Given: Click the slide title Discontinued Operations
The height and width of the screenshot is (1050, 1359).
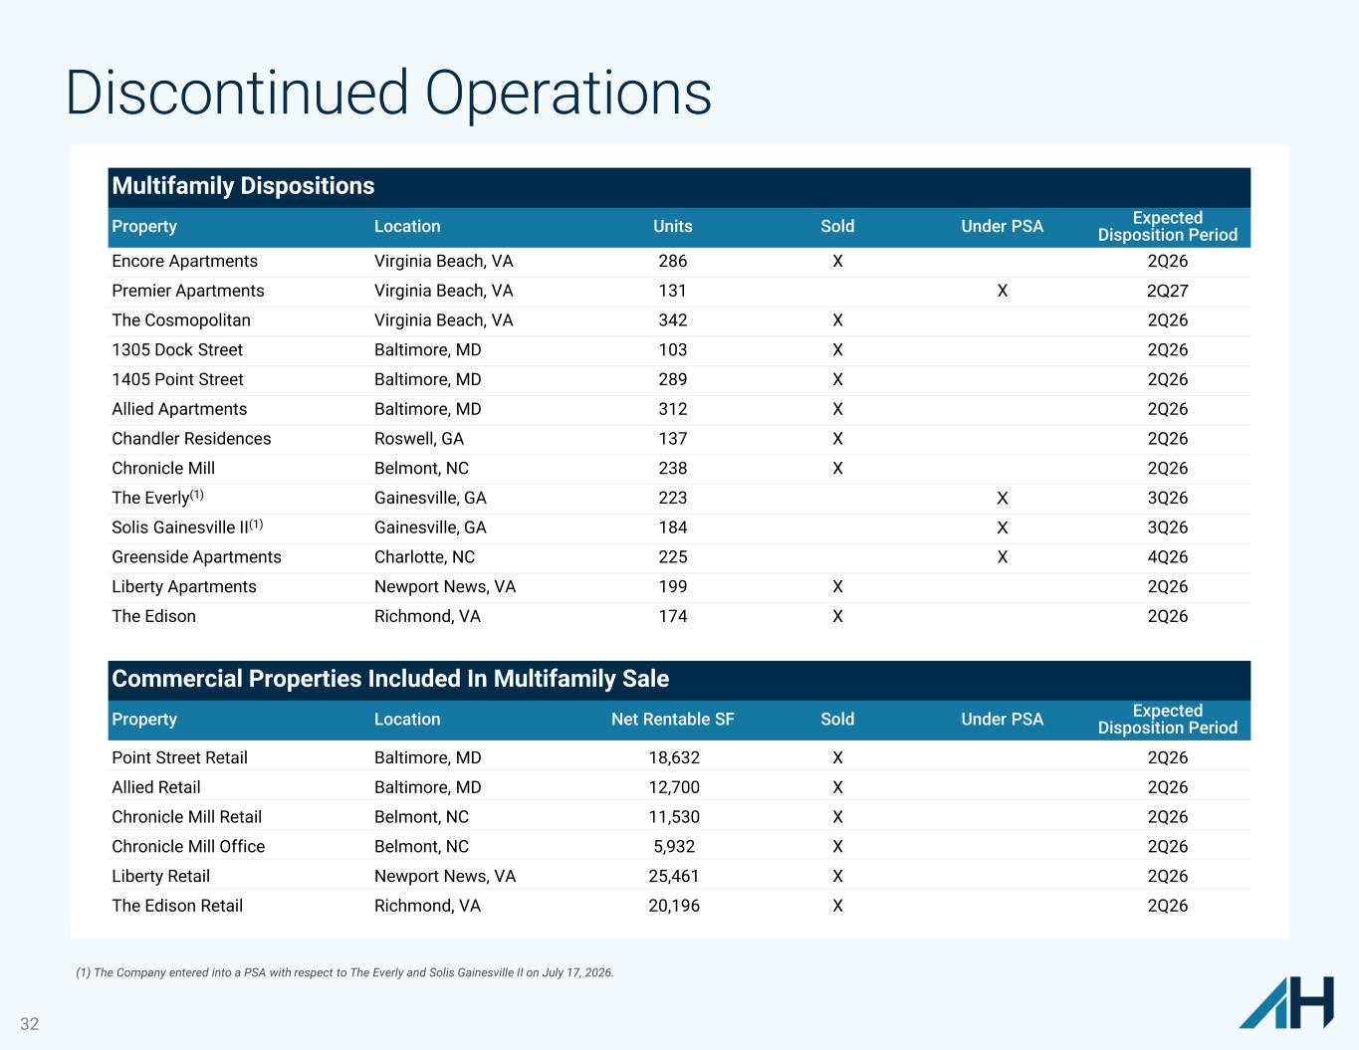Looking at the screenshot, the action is tap(388, 94).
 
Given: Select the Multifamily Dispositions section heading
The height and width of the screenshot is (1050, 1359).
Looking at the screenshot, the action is tap(243, 186).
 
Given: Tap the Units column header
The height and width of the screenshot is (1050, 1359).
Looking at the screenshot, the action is tap(672, 226).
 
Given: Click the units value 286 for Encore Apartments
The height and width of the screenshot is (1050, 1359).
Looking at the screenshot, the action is tap(672, 261).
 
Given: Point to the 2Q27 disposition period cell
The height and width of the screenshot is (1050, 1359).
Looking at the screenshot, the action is tap(1167, 291).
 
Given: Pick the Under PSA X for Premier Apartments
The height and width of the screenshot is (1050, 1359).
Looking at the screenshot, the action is tap(1002, 291).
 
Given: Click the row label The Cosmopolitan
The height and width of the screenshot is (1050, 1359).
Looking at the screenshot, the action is tap(181, 320).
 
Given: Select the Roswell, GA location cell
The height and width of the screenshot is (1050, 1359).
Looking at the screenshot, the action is tap(419, 439).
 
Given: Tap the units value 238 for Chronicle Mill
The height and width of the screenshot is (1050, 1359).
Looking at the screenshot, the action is tap(672, 468).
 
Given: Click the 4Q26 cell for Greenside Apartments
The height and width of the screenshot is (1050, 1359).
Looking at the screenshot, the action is tap(1167, 557).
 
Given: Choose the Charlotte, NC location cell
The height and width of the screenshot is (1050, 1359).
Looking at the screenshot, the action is tap(425, 557).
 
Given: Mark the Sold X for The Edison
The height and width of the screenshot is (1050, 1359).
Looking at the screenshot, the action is tap(837, 616).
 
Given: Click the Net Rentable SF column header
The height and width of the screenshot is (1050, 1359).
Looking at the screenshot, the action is tap(672, 719).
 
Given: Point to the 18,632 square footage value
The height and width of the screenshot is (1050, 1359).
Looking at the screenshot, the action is tap(674, 757).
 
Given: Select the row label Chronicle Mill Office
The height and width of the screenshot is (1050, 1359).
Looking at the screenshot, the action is tap(188, 846).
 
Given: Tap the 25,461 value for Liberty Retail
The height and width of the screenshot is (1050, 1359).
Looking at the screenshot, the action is tap(674, 876).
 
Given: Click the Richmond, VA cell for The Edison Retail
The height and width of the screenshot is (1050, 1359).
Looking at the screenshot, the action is tap(427, 906).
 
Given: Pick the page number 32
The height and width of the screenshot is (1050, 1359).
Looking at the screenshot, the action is tap(30, 1024).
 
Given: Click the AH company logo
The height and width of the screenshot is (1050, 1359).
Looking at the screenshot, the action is tap(1286, 1002).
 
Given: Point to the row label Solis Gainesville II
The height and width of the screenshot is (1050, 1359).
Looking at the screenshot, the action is tap(187, 526).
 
